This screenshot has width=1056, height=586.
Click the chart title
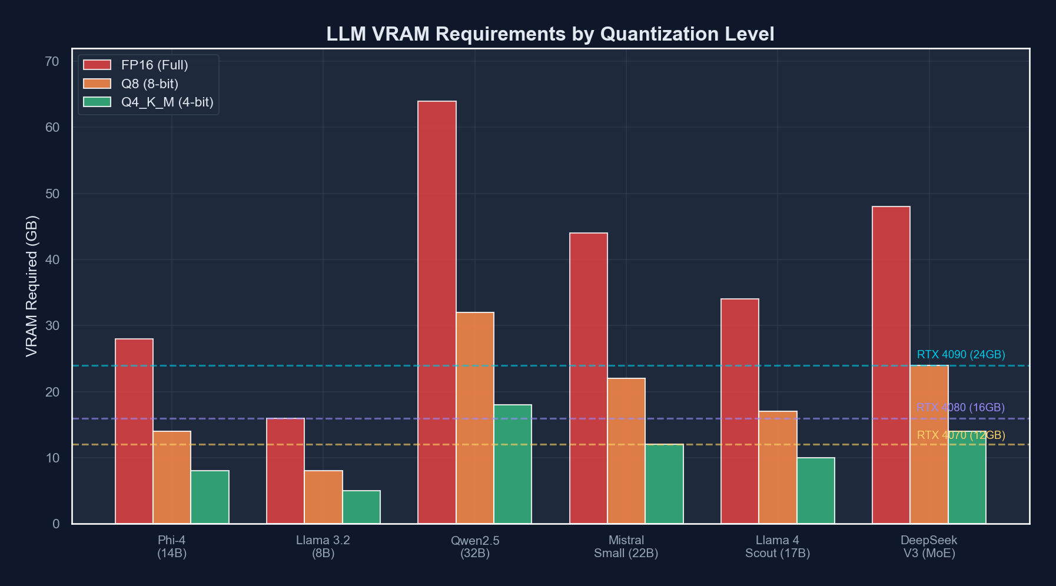(x=550, y=34)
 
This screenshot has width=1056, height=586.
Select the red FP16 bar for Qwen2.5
(x=437, y=312)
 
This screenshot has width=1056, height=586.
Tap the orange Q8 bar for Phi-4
(x=172, y=477)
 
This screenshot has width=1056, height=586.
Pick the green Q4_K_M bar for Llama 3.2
(x=361, y=507)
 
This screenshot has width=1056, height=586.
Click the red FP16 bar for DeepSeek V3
(x=891, y=365)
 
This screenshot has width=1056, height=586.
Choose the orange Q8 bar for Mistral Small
(x=626, y=451)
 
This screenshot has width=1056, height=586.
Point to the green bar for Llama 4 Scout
(x=816, y=490)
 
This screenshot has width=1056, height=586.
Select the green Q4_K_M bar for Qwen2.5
(x=513, y=464)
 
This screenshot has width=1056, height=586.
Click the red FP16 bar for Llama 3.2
(x=285, y=471)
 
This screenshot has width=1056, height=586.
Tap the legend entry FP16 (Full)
(x=154, y=65)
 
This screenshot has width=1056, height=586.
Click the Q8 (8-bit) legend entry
(x=150, y=84)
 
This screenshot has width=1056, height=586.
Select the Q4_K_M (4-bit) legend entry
(x=167, y=102)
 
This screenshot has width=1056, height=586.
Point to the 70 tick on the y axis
(x=52, y=61)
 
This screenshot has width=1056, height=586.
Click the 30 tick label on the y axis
(x=52, y=325)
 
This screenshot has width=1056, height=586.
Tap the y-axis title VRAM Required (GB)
(x=32, y=286)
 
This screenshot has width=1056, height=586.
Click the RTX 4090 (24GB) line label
(x=961, y=355)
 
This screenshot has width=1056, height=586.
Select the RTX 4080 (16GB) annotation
(x=961, y=407)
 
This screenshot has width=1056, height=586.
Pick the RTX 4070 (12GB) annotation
(x=961, y=435)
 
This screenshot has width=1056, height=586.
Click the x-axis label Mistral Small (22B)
(x=626, y=547)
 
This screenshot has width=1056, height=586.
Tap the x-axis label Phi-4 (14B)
(x=172, y=547)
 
